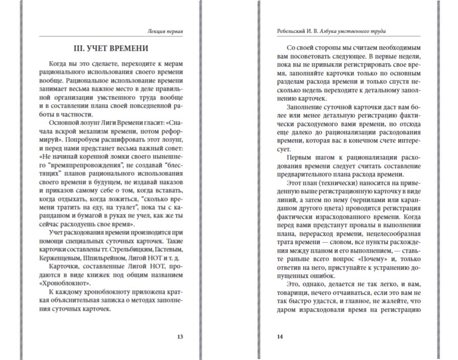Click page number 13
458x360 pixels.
coord(179,337)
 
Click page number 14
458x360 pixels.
coord(279,337)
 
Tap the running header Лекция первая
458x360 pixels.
coord(164,31)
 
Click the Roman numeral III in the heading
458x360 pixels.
coord(82,49)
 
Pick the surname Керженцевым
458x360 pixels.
coord(60,258)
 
